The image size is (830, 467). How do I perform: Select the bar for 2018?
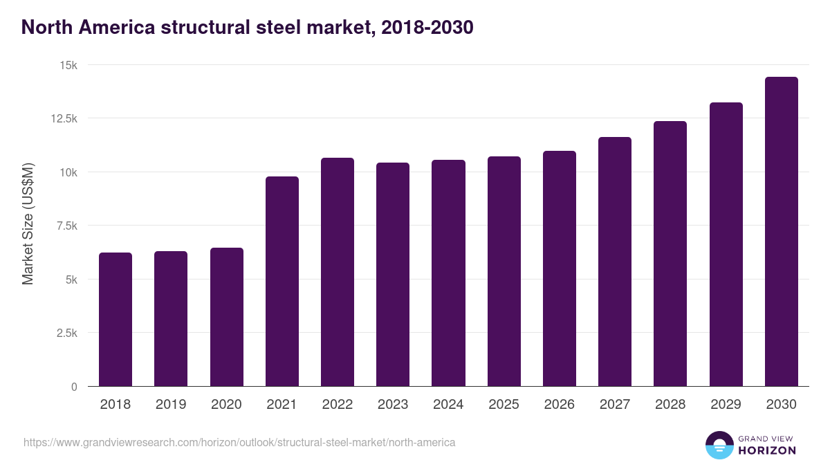tap(116, 320)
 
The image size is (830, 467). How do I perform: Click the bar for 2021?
tap(282, 282)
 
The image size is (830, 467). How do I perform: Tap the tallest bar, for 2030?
tap(781, 232)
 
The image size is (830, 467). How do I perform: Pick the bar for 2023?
tap(393, 275)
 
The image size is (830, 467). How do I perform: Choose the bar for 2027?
tap(615, 262)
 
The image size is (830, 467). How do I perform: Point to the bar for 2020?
tap(227, 317)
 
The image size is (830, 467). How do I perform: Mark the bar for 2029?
tap(726, 244)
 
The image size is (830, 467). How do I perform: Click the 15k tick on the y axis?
tap(67, 65)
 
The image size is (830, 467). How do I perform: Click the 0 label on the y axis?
tap(74, 387)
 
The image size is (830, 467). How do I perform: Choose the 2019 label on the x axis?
tap(171, 405)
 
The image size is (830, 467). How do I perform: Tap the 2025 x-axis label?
tap(504, 405)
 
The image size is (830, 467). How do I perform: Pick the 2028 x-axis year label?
tap(670, 405)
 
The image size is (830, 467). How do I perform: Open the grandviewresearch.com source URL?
tap(239, 442)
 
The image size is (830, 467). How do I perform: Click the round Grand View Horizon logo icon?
tap(719, 446)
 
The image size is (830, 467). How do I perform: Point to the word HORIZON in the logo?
tap(768, 450)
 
